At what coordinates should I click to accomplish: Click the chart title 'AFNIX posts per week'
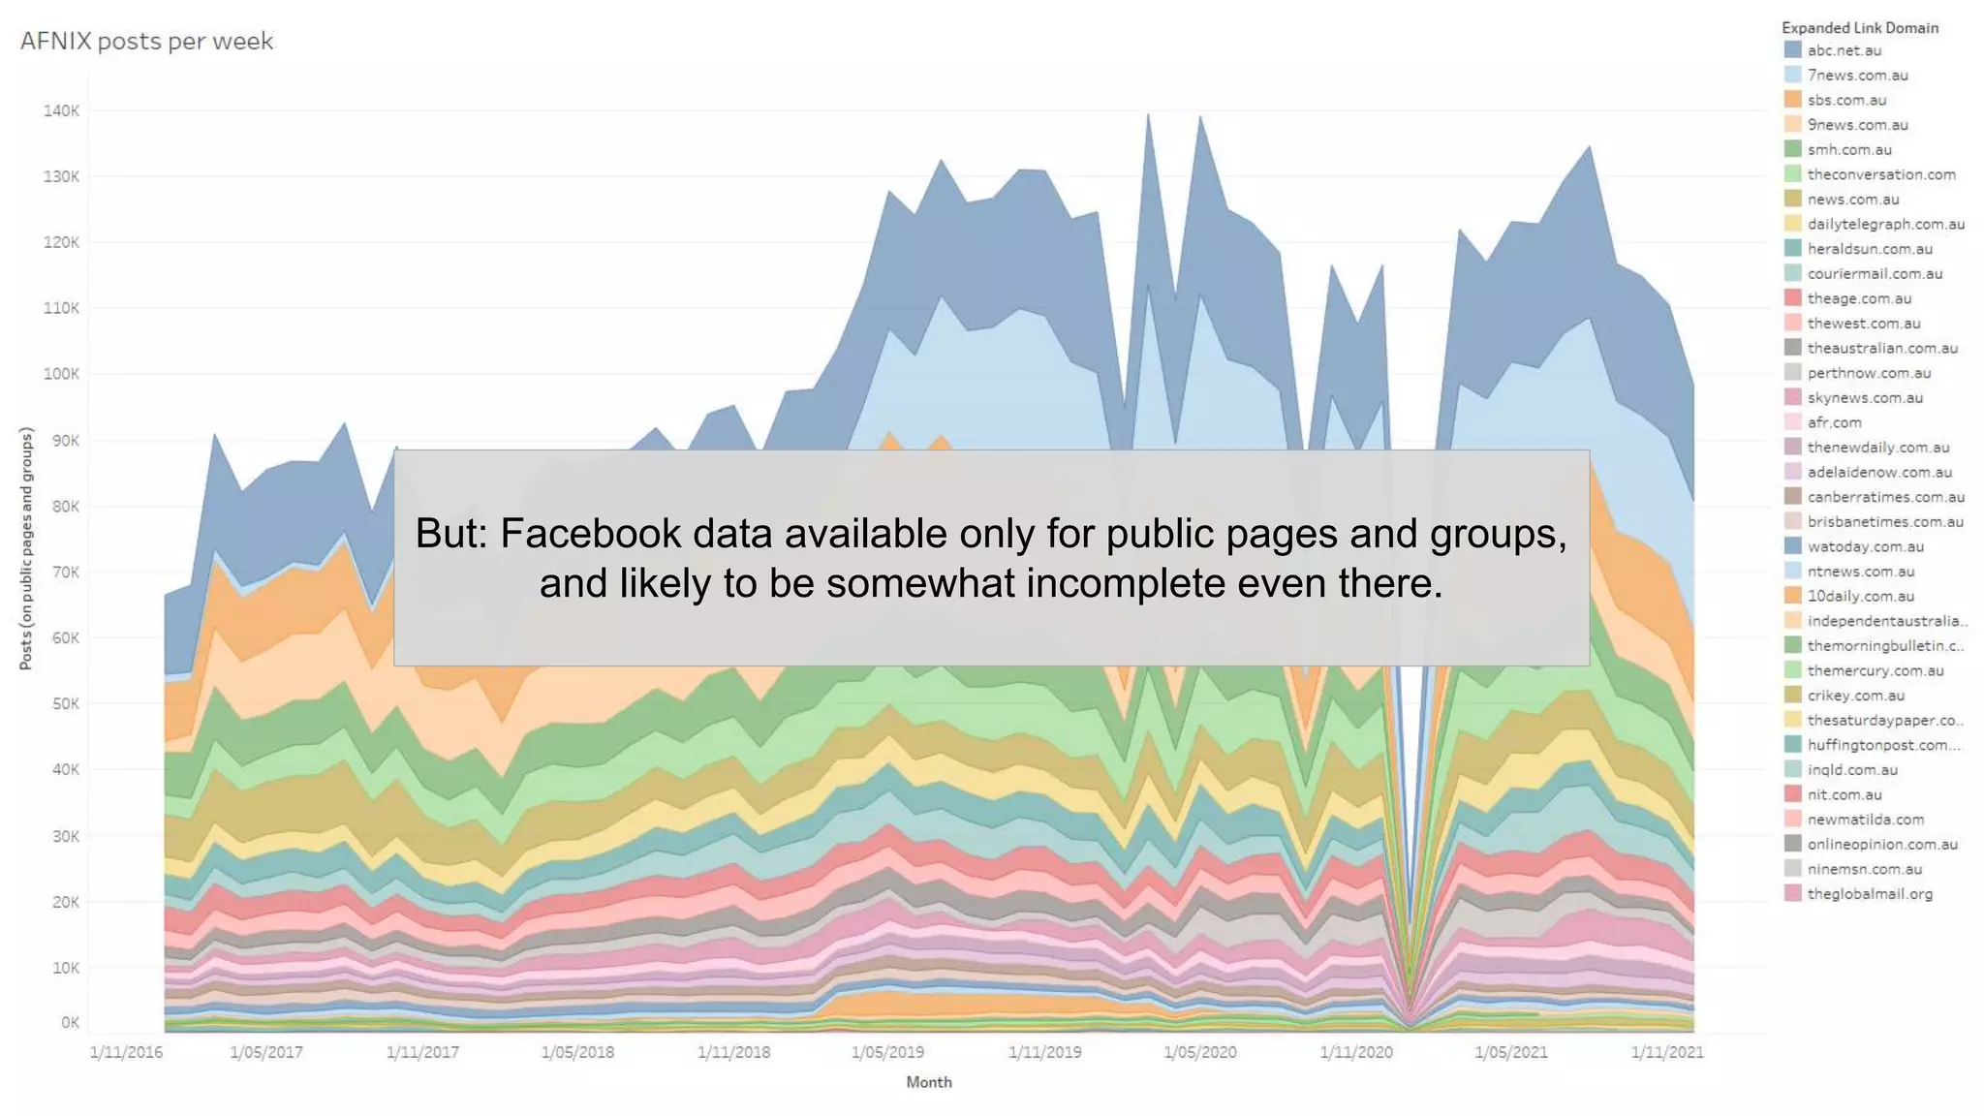click(x=146, y=41)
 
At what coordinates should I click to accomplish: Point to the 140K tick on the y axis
click(x=61, y=110)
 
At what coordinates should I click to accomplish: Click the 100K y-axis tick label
click(x=61, y=374)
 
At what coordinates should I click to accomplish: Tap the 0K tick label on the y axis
click(x=70, y=1022)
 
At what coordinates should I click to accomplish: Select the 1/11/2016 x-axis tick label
click(x=126, y=1052)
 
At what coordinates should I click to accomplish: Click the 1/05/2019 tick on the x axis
click(x=887, y=1052)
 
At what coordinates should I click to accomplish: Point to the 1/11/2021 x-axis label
click(x=1666, y=1052)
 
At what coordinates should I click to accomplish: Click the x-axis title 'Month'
click(x=929, y=1082)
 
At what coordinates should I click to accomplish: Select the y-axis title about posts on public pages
click(x=26, y=548)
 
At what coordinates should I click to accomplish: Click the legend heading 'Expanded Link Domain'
click(x=1860, y=27)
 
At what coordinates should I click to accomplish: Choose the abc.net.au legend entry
click(x=1844, y=50)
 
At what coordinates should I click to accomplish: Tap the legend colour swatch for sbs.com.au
click(x=1792, y=100)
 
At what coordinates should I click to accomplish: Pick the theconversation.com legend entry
click(x=1881, y=174)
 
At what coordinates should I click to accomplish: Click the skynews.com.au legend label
click(x=1865, y=398)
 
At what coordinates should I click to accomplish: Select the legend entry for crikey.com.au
click(x=1855, y=696)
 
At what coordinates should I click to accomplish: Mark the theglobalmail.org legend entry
click(x=1870, y=894)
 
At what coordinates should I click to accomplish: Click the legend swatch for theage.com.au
click(x=1792, y=298)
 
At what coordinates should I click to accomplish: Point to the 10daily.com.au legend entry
click(x=1860, y=597)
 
